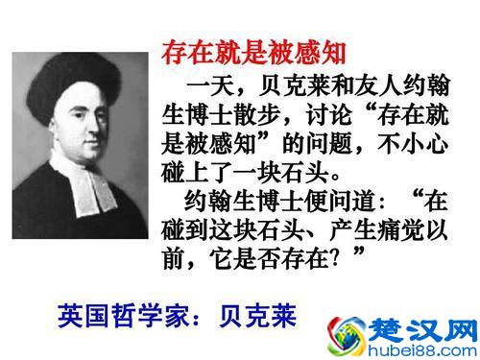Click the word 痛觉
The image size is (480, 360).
[x=399, y=234]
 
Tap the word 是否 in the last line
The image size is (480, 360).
[x=272, y=263]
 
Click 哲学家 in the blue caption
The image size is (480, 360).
[x=145, y=314]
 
